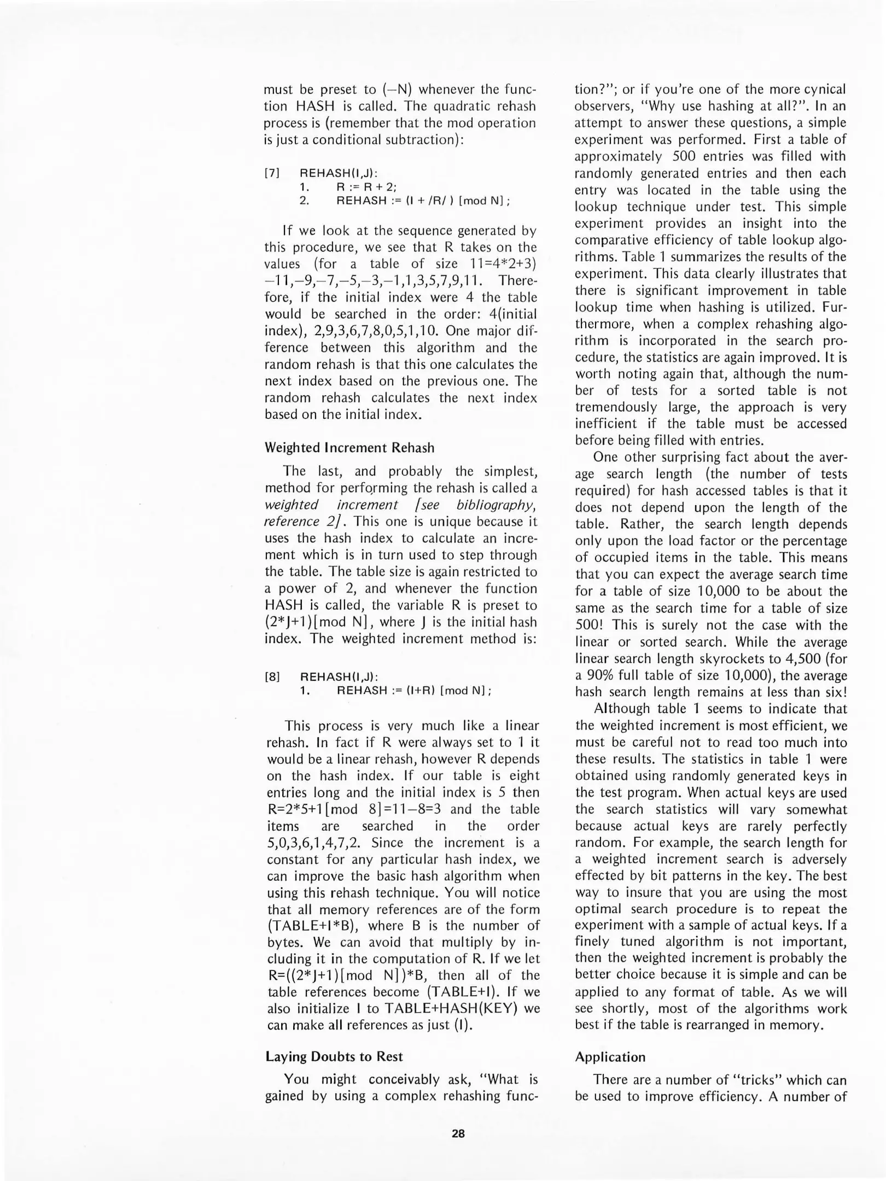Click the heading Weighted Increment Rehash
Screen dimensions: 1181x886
click(x=349, y=448)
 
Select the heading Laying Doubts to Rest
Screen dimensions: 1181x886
click(x=334, y=1056)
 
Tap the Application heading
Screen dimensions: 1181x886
click(x=610, y=1057)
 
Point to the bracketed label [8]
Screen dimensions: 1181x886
click(x=272, y=677)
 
